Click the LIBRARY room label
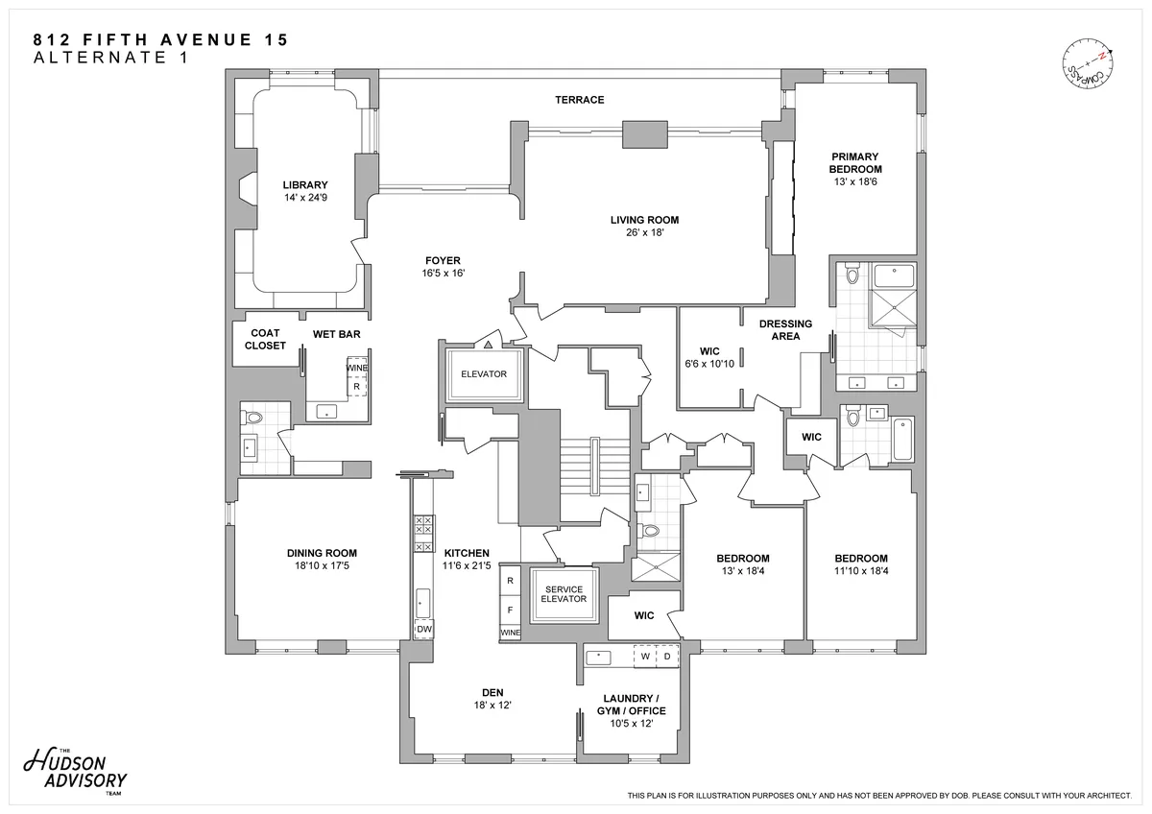pyautogui.click(x=305, y=185)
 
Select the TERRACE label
pyautogui.click(x=579, y=100)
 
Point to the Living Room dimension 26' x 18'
pyautogui.click(x=644, y=232)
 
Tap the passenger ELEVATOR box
pyautogui.click(x=483, y=374)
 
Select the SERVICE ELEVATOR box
pyautogui.click(x=564, y=594)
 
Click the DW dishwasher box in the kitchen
pyautogui.click(x=423, y=630)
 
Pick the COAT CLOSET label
pyautogui.click(x=265, y=340)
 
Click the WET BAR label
pyautogui.click(x=336, y=334)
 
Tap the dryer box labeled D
pyautogui.click(x=667, y=658)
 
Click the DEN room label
pyautogui.click(x=493, y=692)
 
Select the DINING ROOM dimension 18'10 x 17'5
pyautogui.click(x=322, y=566)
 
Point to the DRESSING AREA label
pyautogui.click(x=785, y=330)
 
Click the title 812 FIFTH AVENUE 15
pyautogui.click(x=160, y=40)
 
